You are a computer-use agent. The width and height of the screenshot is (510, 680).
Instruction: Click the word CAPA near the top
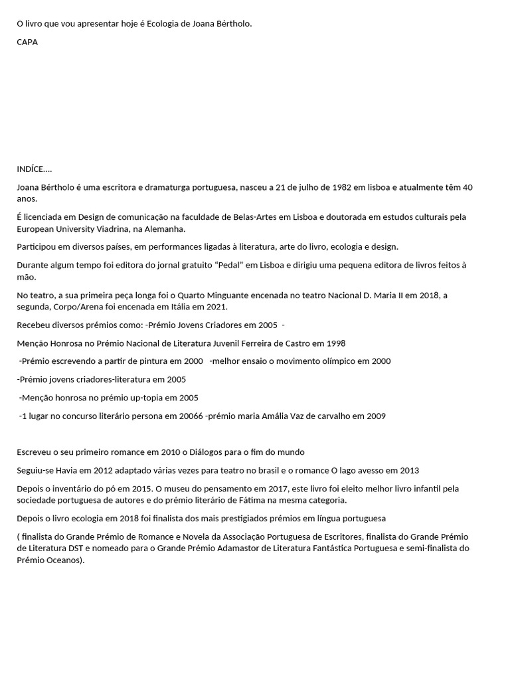[x=27, y=42]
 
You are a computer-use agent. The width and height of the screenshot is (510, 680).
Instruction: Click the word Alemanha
[x=166, y=228]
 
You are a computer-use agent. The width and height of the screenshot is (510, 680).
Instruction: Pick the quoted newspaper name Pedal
[x=211, y=265]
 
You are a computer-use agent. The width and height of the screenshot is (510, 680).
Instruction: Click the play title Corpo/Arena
[x=76, y=306]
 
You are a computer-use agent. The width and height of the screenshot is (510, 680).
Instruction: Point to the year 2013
[x=409, y=470]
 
